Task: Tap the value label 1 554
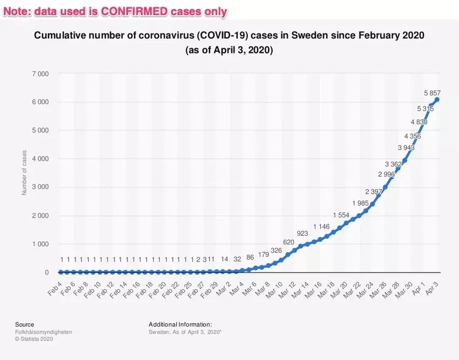[x=341, y=215]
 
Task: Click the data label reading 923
[x=302, y=233]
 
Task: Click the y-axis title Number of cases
[x=24, y=173]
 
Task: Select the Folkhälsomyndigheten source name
[x=43, y=332]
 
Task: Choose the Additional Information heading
[x=180, y=324]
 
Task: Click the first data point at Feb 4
[x=60, y=272]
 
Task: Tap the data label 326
[x=276, y=251]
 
